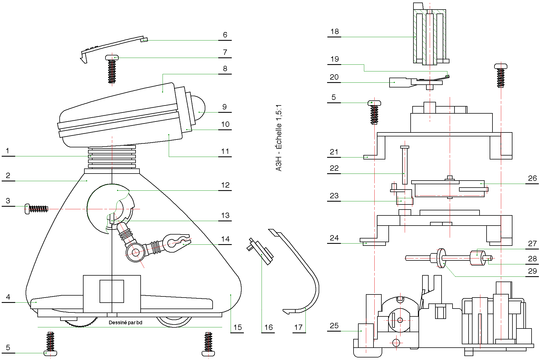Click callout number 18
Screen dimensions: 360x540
(334, 31)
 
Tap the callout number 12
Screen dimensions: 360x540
(225, 185)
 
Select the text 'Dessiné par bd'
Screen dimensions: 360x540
(125, 323)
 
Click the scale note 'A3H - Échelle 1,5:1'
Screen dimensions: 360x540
(278, 138)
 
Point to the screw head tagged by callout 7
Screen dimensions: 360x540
(112, 58)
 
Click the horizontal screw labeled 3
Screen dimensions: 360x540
(37, 209)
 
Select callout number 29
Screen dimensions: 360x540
(532, 271)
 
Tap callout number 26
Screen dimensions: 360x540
(532, 178)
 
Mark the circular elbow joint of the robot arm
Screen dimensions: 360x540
(135, 252)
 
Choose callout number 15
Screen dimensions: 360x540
(237, 327)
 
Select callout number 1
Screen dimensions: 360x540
(8, 151)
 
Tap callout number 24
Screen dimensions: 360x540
(334, 238)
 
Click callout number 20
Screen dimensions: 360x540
(334, 77)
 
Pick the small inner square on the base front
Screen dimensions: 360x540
(112, 291)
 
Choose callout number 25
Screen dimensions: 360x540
(334, 326)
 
